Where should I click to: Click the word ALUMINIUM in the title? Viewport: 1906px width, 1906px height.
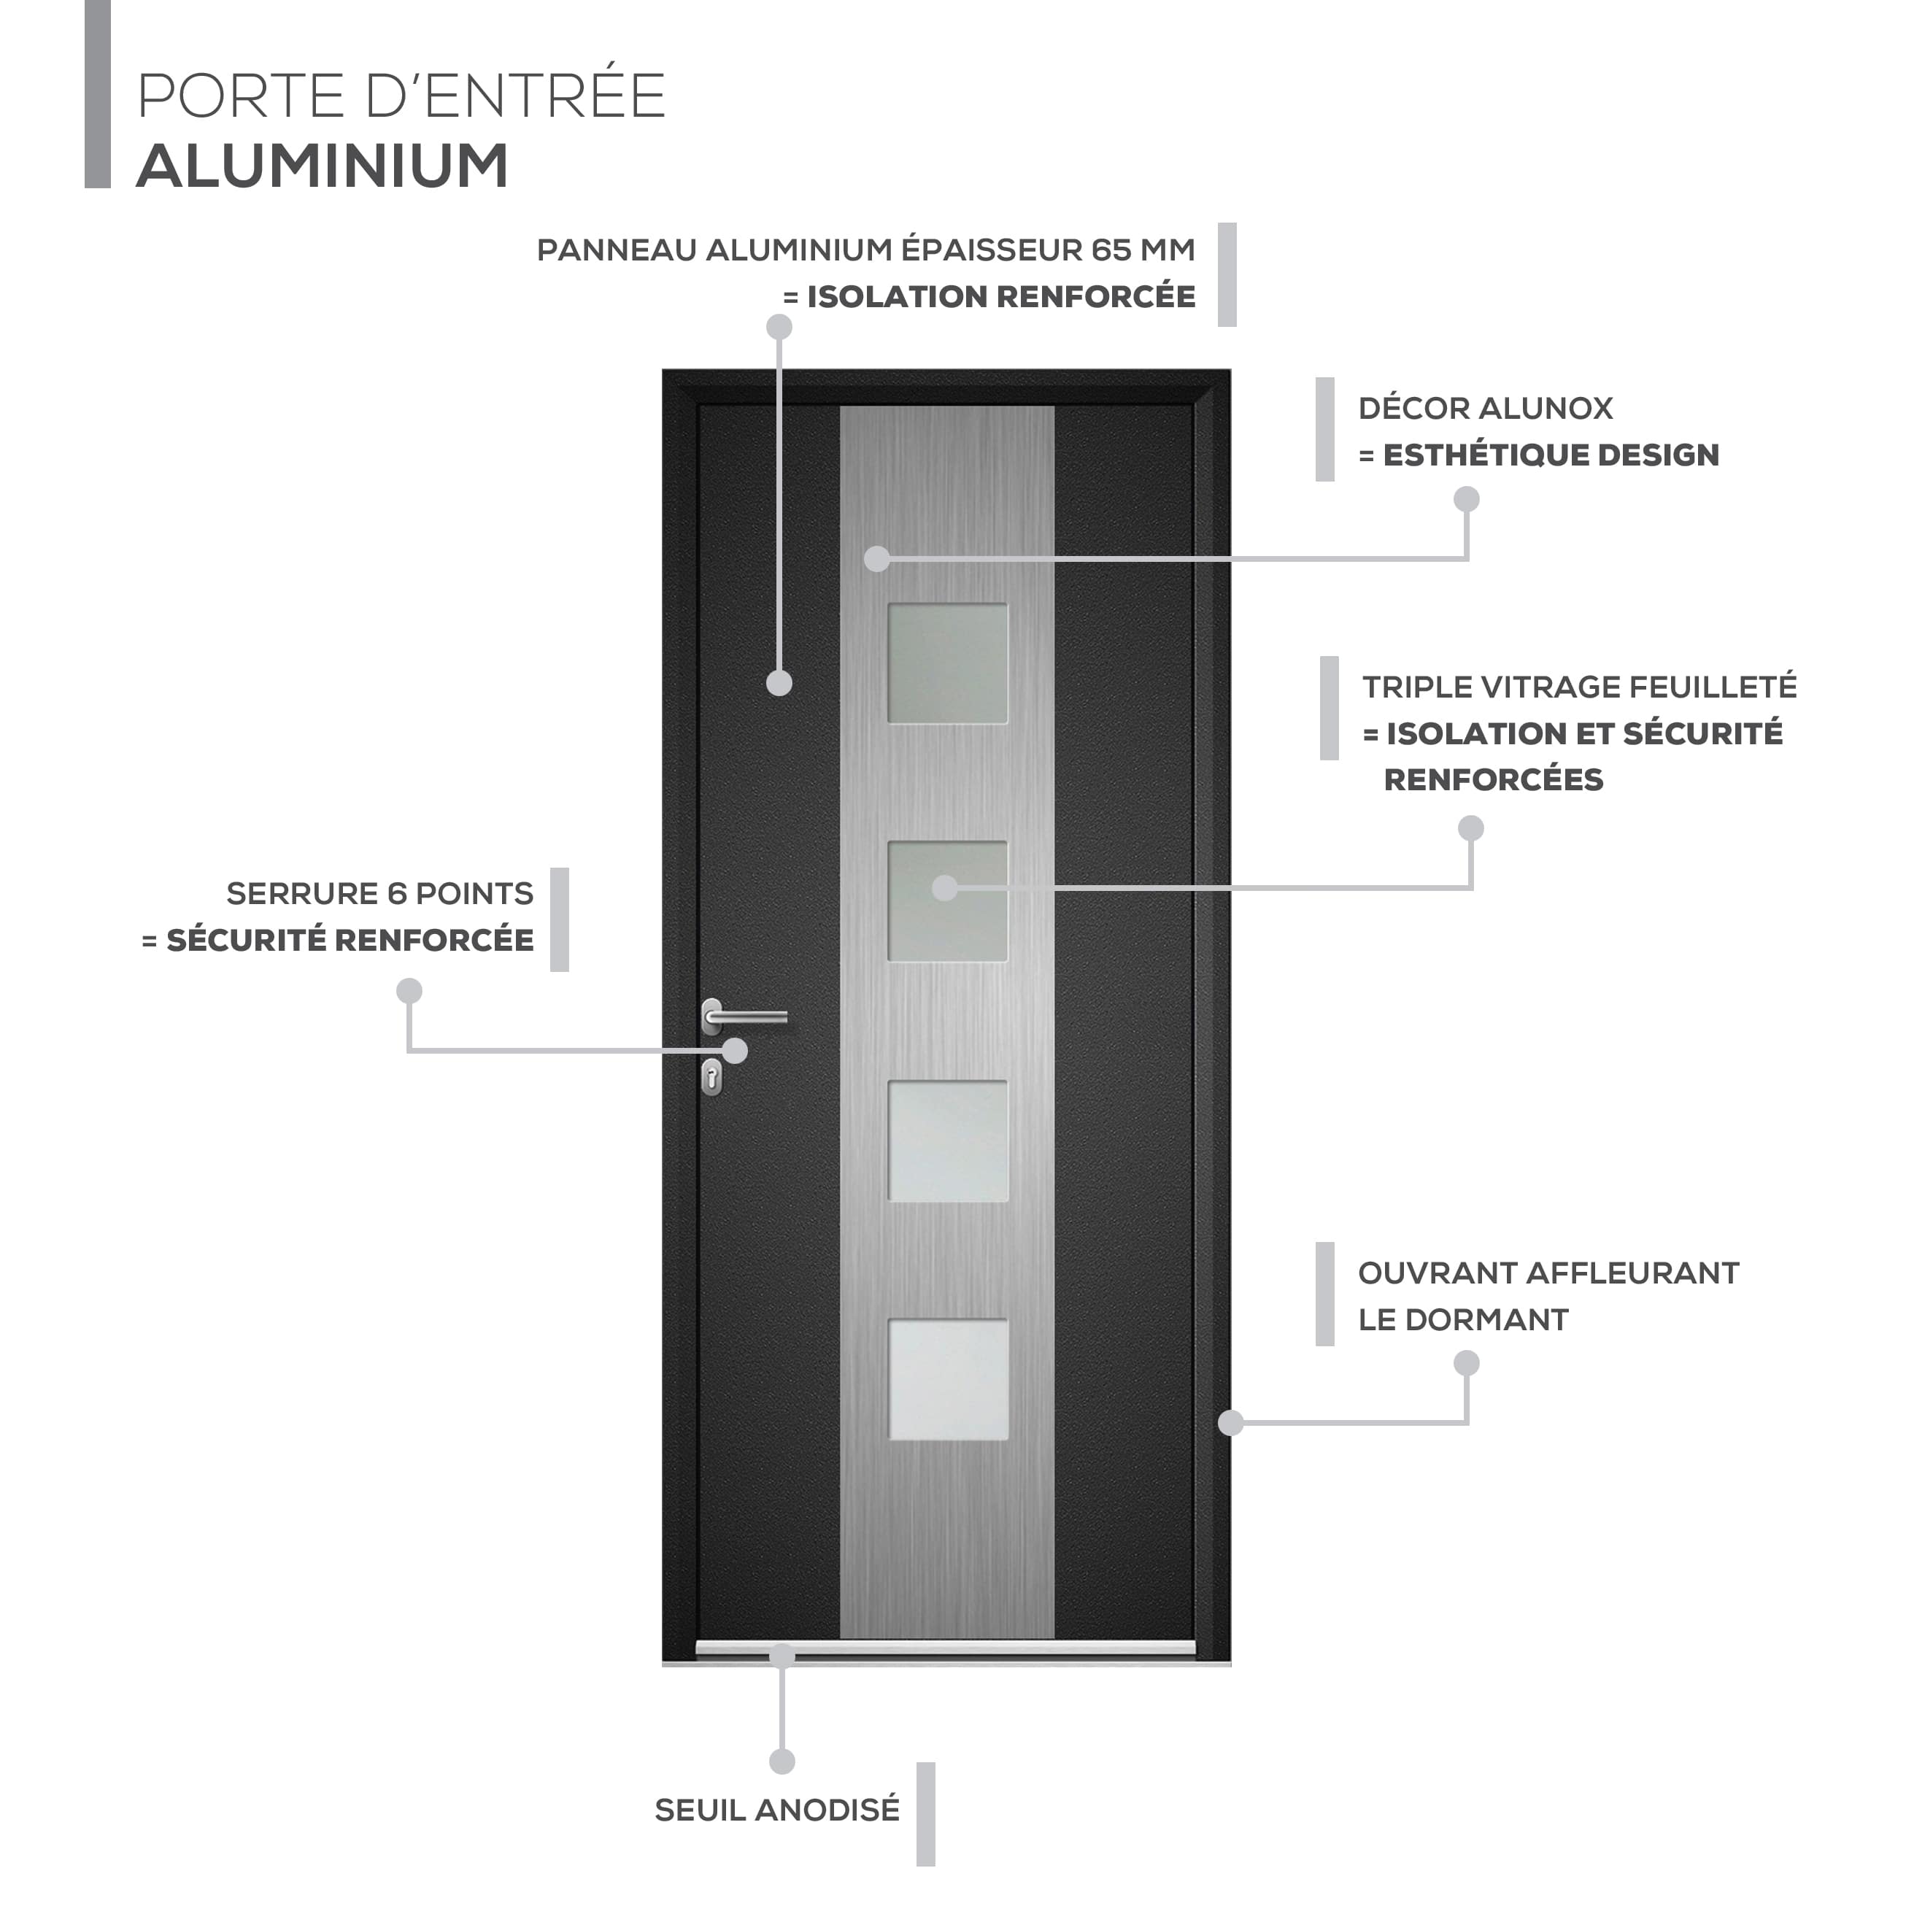click(x=323, y=165)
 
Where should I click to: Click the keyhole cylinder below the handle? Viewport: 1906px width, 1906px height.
click(x=711, y=1077)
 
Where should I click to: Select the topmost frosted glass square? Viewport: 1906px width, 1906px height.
click(x=947, y=664)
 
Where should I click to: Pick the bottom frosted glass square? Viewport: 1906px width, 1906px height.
click(x=948, y=1380)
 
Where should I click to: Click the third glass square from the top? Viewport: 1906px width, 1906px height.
click(x=948, y=1141)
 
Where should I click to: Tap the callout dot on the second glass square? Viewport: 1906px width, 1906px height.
click(x=945, y=888)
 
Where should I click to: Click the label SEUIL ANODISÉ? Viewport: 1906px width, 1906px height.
click(x=777, y=1810)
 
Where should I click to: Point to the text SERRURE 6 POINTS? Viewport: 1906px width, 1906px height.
click(x=380, y=893)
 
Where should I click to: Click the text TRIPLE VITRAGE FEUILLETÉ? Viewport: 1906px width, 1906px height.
click(x=1579, y=687)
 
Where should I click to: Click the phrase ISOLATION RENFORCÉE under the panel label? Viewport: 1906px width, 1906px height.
click(x=1001, y=296)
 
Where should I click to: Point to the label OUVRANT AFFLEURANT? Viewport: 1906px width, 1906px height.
click(x=1548, y=1273)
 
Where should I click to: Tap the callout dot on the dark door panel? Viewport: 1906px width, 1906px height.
click(x=779, y=683)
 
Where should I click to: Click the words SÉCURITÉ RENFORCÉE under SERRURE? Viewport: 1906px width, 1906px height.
click(x=350, y=940)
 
